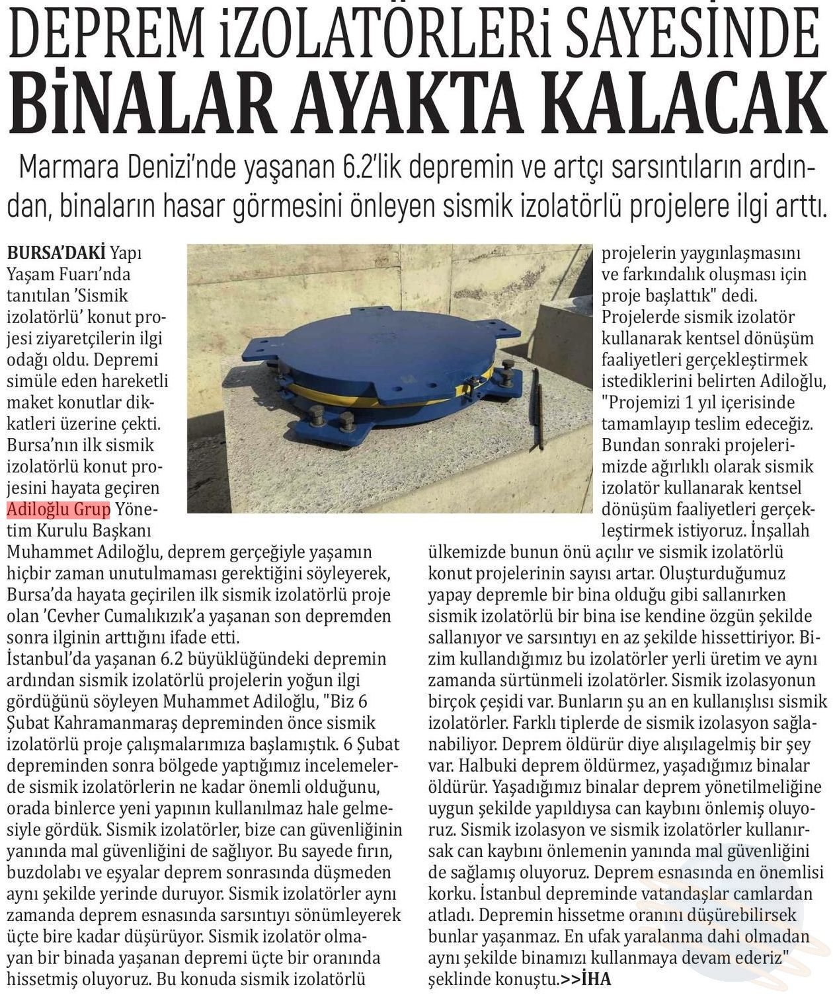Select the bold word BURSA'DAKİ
56,253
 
